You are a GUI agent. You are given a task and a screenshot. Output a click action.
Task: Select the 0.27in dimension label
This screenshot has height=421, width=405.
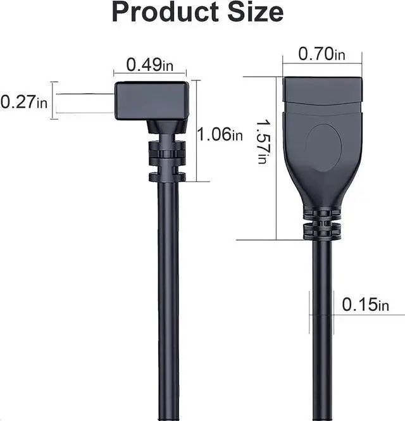click(24, 101)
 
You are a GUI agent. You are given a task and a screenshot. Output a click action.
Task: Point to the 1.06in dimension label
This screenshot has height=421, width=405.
click(220, 134)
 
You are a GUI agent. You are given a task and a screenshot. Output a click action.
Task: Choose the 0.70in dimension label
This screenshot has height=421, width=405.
click(323, 54)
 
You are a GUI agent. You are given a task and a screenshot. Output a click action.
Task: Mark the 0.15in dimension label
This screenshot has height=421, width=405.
click(365, 305)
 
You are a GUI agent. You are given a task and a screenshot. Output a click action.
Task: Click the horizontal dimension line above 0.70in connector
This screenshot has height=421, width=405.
click(323, 63)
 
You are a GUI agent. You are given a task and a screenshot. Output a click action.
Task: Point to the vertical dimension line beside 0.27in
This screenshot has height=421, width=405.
click(54, 99)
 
